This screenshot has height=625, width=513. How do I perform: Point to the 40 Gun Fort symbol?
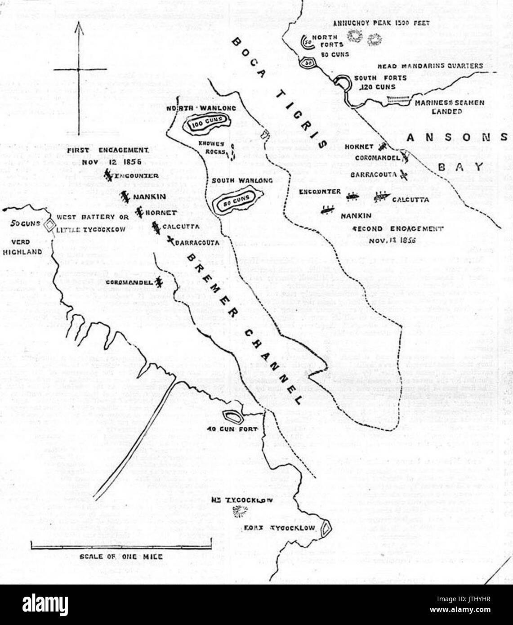pos(232,416)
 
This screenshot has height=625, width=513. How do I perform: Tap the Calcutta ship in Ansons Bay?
pos(382,196)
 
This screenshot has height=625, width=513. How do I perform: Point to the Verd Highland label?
pos(22,247)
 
